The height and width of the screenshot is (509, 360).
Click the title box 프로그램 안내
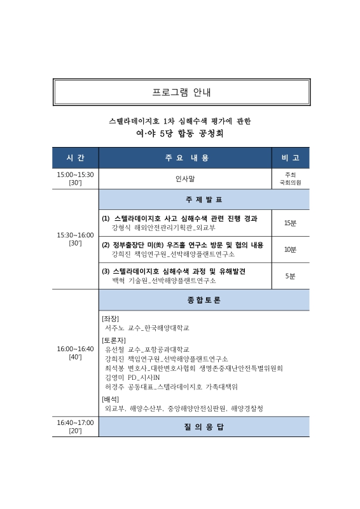181,92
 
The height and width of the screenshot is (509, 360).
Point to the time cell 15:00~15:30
75,175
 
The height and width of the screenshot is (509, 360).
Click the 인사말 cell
185,179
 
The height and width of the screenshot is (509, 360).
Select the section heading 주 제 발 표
203,200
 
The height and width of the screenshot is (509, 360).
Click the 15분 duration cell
290,223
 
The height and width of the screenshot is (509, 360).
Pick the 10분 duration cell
290,249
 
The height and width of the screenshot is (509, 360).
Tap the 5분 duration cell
290,275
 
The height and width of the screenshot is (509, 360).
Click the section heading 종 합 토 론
203,300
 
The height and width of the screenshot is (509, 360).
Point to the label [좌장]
111,318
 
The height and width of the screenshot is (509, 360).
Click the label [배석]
111,399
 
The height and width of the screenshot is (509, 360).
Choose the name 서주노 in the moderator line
116,328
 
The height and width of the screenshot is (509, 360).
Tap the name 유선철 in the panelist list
116,349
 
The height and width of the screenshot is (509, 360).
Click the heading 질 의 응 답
203,427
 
